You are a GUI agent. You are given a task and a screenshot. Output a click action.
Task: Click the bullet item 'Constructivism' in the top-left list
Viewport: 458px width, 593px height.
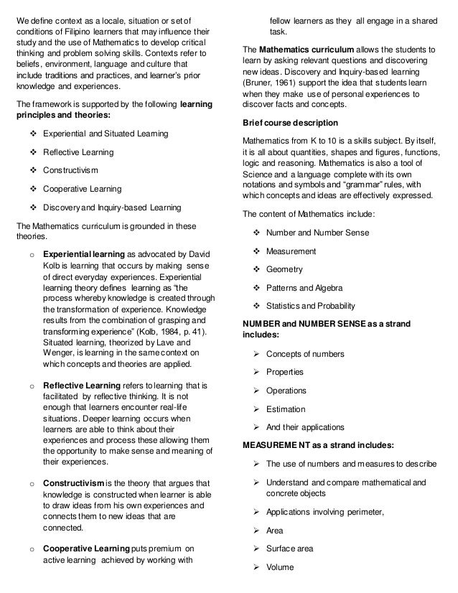pos(71,170)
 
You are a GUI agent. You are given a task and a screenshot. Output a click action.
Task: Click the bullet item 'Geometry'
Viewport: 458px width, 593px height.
pos(284,269)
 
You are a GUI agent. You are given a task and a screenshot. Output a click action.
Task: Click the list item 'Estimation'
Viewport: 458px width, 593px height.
pos(286,409)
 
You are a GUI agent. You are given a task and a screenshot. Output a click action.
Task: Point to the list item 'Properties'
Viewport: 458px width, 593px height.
pos(285,372)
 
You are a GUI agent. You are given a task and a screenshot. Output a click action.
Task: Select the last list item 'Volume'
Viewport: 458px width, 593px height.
pos(279,567)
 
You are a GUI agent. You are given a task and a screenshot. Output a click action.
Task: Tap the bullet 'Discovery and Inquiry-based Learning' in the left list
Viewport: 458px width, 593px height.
pos(112,207)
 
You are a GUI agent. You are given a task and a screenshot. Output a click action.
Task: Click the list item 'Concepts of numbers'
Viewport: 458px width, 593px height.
pos(305,353)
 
